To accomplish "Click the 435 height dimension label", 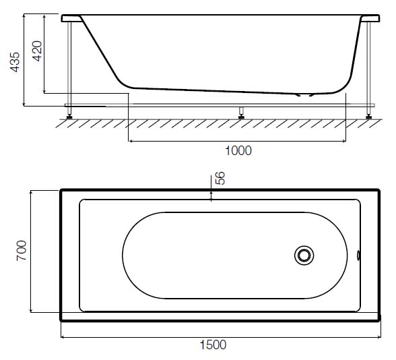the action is click(x=15, y=62).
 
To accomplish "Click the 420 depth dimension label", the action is click(x=38, y=51).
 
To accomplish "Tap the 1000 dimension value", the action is click(x=238, y=151).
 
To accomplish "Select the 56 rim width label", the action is click(x=220, y=178).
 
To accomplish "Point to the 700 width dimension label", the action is click(x=22, y=251).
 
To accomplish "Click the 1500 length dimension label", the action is click(x=213, y=345).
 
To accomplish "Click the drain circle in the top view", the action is click(x=304, y=256).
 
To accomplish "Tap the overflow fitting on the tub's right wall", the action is click(x=358, y=256).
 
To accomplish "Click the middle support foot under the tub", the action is click(x=241, y=113).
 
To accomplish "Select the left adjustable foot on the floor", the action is click(x=69, y=117).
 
